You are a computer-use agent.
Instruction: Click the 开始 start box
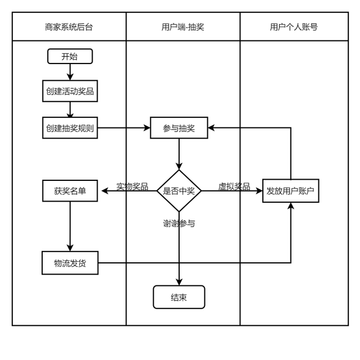[x=70, y=56]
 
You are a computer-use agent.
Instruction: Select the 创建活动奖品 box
[x=70, y=91]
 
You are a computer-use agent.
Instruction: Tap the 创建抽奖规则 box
[x=70, y=128]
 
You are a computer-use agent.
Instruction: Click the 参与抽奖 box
[x=179, y=128]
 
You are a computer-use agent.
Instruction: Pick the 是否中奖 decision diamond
[x=179, y=191]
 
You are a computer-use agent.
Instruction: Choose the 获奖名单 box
[x=70, y=191]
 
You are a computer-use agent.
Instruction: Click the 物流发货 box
[x=70, y=263]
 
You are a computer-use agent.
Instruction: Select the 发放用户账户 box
[x=290, y=191]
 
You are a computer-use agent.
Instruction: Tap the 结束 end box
[x=179, y=297]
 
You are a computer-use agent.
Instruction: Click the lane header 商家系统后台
[x=69, y=26]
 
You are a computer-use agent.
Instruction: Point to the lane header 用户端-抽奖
[x=183, y=26]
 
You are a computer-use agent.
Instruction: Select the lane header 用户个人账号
[x=293, y=26]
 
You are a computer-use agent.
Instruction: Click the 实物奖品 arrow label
[x=132, y=186]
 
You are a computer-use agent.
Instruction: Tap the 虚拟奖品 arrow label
[x=234, y=186]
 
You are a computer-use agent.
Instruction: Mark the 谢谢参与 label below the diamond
[x=179, y=223]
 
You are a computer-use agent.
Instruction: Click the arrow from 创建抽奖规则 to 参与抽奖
[x=124, y=128]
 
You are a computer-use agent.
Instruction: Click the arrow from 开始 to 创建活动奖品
[x=70, y=71]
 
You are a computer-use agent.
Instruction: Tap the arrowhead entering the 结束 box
[x=179, y=281]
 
